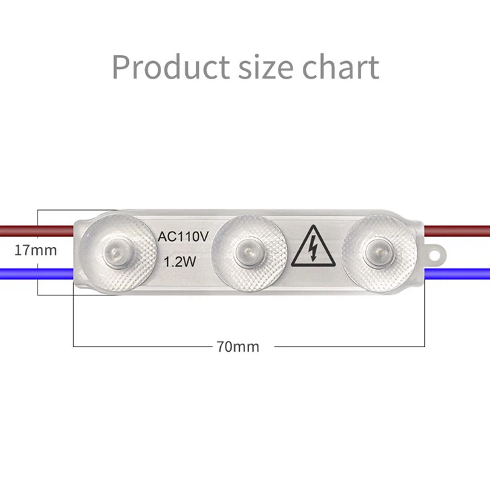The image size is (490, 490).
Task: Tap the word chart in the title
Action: [x=340, y=66]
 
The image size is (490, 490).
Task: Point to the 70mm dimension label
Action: [x=238, y=346]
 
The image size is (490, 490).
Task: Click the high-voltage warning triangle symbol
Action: [x=313, y=250]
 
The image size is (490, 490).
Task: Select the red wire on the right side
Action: [x=460, y=231]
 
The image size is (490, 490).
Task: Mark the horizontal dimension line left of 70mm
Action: [x=141, y=346]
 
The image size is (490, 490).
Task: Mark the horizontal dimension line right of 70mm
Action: [x=349, y=346]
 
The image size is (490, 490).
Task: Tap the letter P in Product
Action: [x=121, y=66]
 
